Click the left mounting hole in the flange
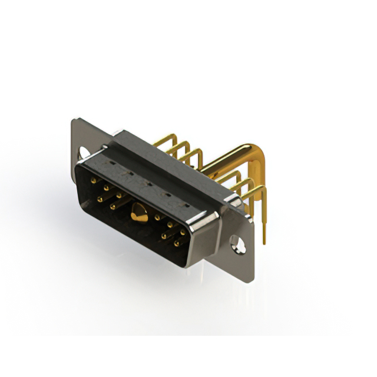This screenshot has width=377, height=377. (85, 151)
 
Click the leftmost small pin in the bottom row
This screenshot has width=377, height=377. (100, 199)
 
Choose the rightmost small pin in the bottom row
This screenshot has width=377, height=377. (177, 242)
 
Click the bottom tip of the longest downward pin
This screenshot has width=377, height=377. (264, 242)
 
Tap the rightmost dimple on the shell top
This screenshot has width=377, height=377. (186, 206)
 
